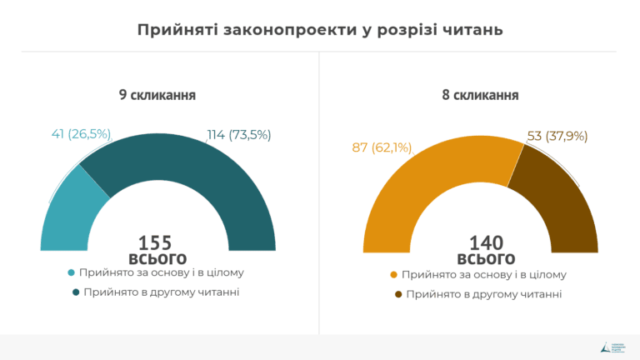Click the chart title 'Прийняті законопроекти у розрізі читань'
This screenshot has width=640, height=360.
(320, 30)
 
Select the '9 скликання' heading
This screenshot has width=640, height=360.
(157, 95)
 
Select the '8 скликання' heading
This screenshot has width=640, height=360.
(481, 95)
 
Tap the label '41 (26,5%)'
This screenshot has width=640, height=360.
(81, 134)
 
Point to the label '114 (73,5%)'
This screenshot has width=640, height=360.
(238, 134)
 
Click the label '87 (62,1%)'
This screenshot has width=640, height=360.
(382, 147)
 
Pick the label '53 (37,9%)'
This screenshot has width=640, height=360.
(557, 136)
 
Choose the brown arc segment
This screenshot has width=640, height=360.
(558, 204)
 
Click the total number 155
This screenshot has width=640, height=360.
(156, 242)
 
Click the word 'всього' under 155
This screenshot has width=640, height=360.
(157, 258)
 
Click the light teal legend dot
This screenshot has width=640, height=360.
(72, 273)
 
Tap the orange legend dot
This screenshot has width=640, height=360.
(394, 275)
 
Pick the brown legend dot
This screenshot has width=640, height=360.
(398, 294)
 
